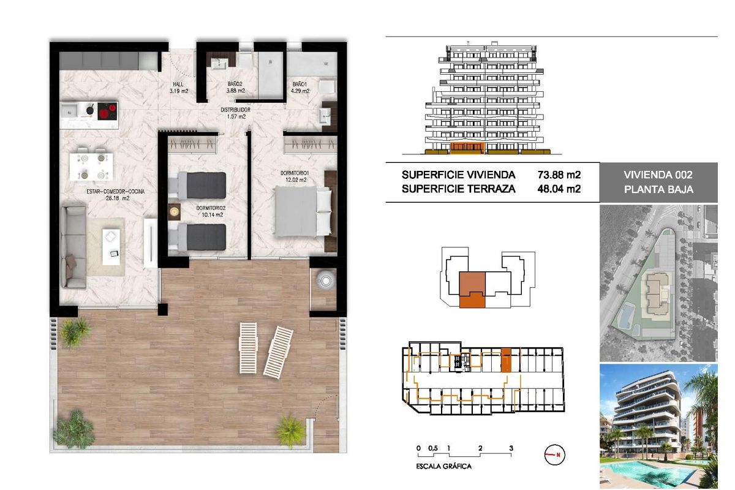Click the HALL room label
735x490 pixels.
pyautogui.click(x=178, y=85)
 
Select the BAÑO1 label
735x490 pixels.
pyautogui.click(x=300, y=84)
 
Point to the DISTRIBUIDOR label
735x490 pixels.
pyautogui.click(x=236, y=110)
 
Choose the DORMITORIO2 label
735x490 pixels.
pyautogui.click(x=209, y=208)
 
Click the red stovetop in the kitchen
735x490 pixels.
pyautogui.click(x=107, y=111)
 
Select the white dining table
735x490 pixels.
pyautogui.click(x=91, y=165)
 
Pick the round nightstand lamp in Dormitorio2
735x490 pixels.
pyautogui.click(x=175, y=210)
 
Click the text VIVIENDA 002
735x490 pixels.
pyautogui.click(x=658, y=175)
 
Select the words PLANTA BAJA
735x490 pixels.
pyautogui.click(x=658, y=189)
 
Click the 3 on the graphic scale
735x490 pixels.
pyautogui.click(x=511, y=448)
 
